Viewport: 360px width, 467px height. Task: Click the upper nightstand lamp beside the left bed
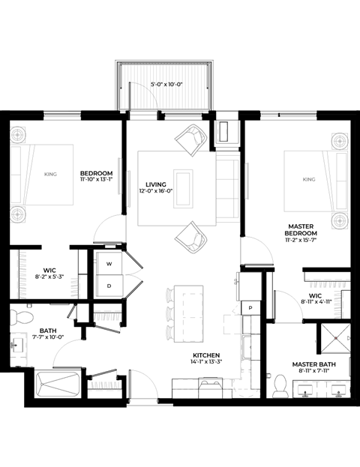[x=18, y=135]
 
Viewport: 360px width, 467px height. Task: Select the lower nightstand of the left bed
[x=18, y=214]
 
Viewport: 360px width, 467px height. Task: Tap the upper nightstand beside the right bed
[x=340, y=141]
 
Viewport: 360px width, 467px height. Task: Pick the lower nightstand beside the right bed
[x=340, y=220]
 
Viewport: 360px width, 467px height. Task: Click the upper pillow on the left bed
[x=16, y=160]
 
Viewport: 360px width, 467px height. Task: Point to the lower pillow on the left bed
[x=16, y=189]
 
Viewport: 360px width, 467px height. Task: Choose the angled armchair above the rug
[x=191, y=139]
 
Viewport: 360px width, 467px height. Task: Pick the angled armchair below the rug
[x=191, y=238]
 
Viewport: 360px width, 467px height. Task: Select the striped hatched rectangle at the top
[x=164, y=87]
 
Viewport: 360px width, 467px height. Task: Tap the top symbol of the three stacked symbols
[x=169, y=295]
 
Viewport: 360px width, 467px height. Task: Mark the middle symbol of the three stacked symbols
[x=169, y=314]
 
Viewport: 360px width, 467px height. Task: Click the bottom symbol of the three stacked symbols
[x=169, y=333]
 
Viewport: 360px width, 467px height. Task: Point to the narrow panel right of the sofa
[x=247, y=181]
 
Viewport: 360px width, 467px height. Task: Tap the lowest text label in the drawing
[x=105, y=385]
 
